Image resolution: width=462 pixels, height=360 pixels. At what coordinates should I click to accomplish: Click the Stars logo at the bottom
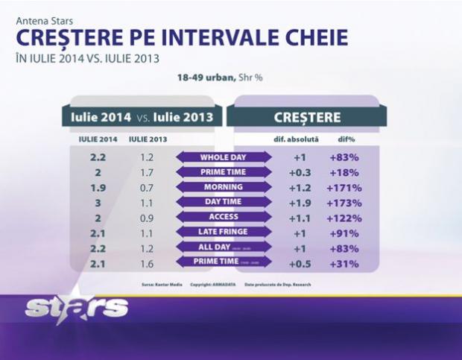coord(76,307)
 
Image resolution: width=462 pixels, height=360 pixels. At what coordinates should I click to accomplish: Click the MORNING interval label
coord(224,187)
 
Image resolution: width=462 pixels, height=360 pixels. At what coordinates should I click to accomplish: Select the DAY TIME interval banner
coord(224,202)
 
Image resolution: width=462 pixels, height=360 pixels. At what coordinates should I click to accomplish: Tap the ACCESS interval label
coord(224,218)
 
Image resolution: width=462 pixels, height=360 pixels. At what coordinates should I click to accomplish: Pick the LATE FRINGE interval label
coord(224,233)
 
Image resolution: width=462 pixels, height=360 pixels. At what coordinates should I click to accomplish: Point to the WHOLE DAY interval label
coord(224,157)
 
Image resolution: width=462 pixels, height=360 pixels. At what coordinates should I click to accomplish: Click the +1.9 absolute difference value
coord(298,203)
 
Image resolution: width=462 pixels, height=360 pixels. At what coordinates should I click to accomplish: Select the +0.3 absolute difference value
coord(298,172)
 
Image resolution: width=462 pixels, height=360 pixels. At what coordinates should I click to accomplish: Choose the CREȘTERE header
coord(308,117)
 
